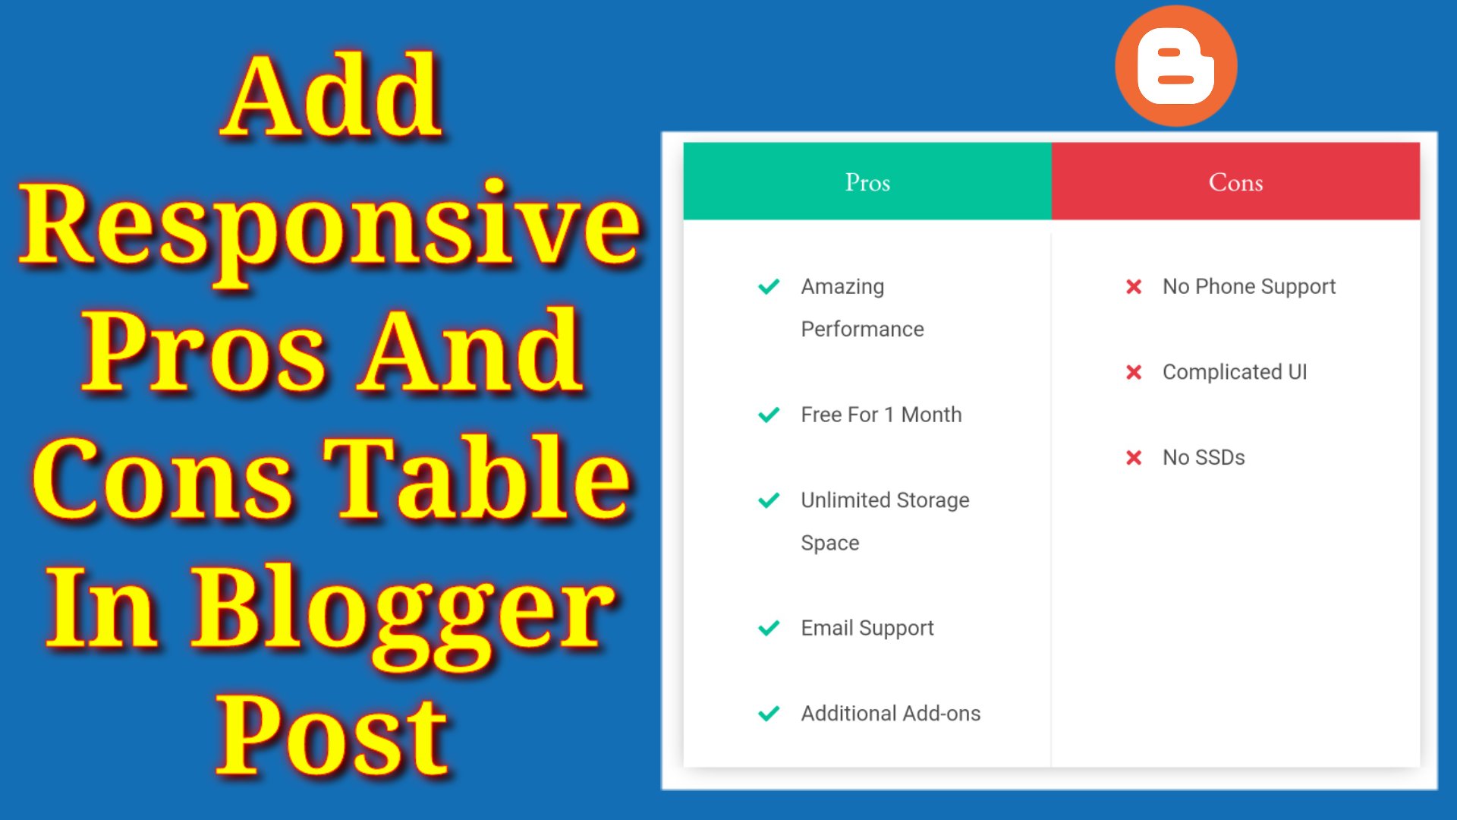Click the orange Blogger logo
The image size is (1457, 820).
pos(1175,66)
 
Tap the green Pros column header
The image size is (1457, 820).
pos(867,181)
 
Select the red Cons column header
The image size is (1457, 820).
pos(1235,181)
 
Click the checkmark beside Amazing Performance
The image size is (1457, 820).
pos(769,286)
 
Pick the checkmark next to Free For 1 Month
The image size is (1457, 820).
pos(769,415)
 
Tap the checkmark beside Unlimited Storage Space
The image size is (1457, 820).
pos(769,500)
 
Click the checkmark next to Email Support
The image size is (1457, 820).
pos(769,628)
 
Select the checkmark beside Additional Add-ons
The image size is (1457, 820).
pos(769,714)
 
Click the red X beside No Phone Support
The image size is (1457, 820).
pos(1134,286)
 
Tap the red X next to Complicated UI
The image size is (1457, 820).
pos(1134,372)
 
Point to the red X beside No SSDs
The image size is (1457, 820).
pos(1134,457)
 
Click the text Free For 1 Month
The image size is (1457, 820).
pos(881,415)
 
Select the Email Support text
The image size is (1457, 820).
pos(867,629)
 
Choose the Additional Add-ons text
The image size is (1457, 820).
pos(891,714)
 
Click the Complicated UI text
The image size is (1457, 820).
pos(1235,372)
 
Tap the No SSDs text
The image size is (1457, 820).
pos(1204,457)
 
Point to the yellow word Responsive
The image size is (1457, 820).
pos(331,228)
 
